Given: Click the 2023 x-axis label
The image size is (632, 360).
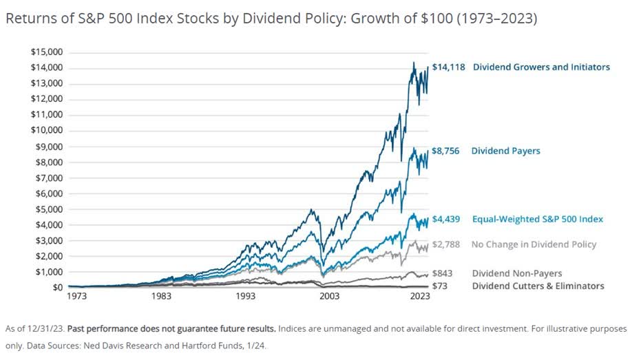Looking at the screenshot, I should (x=420, y=297).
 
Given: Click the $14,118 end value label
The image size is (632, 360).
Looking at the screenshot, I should (x=448, y=67).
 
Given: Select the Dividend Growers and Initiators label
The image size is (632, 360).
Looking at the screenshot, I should (x=541, y=67).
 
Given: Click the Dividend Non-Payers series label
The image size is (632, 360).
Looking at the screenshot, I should (x=516, y=273).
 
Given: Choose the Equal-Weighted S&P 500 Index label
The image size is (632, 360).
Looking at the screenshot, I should (x=537, y=219).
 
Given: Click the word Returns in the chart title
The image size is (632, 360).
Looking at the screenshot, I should (x=27, y=19).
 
